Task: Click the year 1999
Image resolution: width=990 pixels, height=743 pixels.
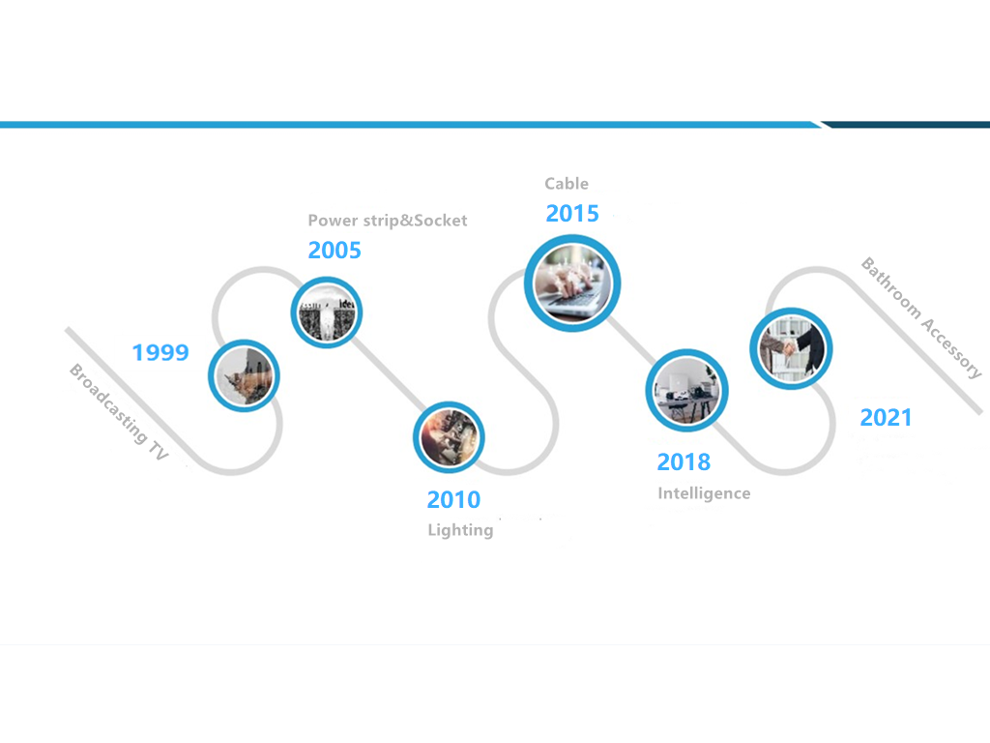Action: (x=160, y=352)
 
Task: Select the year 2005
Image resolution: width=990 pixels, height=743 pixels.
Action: (x=335, y=251)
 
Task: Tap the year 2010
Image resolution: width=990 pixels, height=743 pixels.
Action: (x=453, y=500)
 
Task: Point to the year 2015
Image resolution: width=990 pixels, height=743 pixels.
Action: (x=572, y=214)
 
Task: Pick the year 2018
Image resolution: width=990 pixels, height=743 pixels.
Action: (x=684, y=461)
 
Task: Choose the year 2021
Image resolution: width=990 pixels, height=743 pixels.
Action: (x=886, y=418)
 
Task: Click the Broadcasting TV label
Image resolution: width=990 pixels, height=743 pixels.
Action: (x=119, y=412)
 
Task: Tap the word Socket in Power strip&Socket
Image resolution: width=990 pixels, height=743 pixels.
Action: (x=440, y=221)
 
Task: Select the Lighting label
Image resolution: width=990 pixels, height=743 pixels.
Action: (x=460, y=530)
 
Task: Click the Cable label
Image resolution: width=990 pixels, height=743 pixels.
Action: (x=567, y=184)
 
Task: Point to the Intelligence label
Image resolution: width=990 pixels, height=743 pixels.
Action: (x=704, y=493)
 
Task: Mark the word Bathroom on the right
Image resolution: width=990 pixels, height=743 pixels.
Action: (x=891, y=287)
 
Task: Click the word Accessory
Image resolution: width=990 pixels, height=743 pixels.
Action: (x=951, y=347)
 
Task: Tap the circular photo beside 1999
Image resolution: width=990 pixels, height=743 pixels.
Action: (x=245, y=376)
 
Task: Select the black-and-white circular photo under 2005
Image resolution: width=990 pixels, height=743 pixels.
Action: (x=327, y=312)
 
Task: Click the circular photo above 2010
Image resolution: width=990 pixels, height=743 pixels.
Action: (x=449, y=438)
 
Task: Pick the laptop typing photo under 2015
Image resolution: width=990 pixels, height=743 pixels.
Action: (x=572, y=283)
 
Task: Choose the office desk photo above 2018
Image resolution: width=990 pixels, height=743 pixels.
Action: (x=686, y=391)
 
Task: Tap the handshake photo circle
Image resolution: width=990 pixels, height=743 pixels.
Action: (x=791, y=348)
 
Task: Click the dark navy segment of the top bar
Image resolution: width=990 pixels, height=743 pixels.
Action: (x=907, y=125)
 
